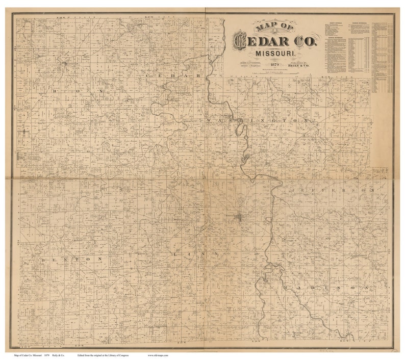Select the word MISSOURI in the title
click(x=274, y=53)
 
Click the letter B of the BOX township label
click(x=53, y=89)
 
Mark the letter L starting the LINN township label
click(x=175, y=253)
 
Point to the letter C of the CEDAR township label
click(x=148, y=75)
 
